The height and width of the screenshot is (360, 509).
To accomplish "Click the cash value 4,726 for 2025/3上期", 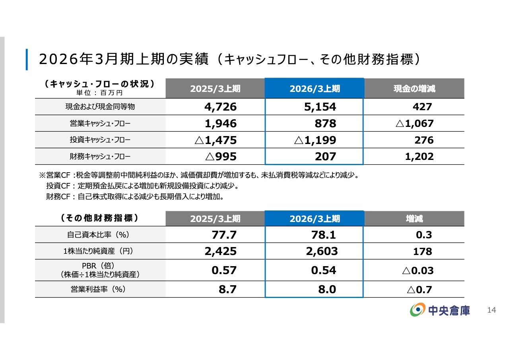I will coord(220,107).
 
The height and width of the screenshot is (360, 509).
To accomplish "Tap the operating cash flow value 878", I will coord(325,124).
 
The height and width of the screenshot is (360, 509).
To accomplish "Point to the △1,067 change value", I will coord(414,124).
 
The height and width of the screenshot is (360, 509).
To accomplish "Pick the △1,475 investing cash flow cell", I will coord(216,140).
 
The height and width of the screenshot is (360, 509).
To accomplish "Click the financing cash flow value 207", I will coord(325,157).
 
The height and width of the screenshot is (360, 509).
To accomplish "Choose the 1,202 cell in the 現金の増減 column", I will coord(419,157).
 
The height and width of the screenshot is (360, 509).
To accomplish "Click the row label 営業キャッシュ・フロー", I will coord(100,124).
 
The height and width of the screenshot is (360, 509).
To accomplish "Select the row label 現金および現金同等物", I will coord(100,107).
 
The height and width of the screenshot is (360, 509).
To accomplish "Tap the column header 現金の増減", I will coord(414,88).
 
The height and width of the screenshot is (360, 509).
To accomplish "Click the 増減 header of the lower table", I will coord(414,219).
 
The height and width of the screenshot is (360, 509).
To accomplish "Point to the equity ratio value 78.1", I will coord(323,235).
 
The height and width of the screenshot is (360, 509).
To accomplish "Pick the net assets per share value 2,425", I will coord(220,251).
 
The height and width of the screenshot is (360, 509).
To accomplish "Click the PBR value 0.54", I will coord(323,270).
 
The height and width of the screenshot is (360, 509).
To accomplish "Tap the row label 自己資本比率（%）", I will coord(100,235).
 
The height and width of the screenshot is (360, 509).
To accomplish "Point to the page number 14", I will coord(492,310).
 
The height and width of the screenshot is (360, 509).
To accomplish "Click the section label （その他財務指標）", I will coord(100,218).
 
